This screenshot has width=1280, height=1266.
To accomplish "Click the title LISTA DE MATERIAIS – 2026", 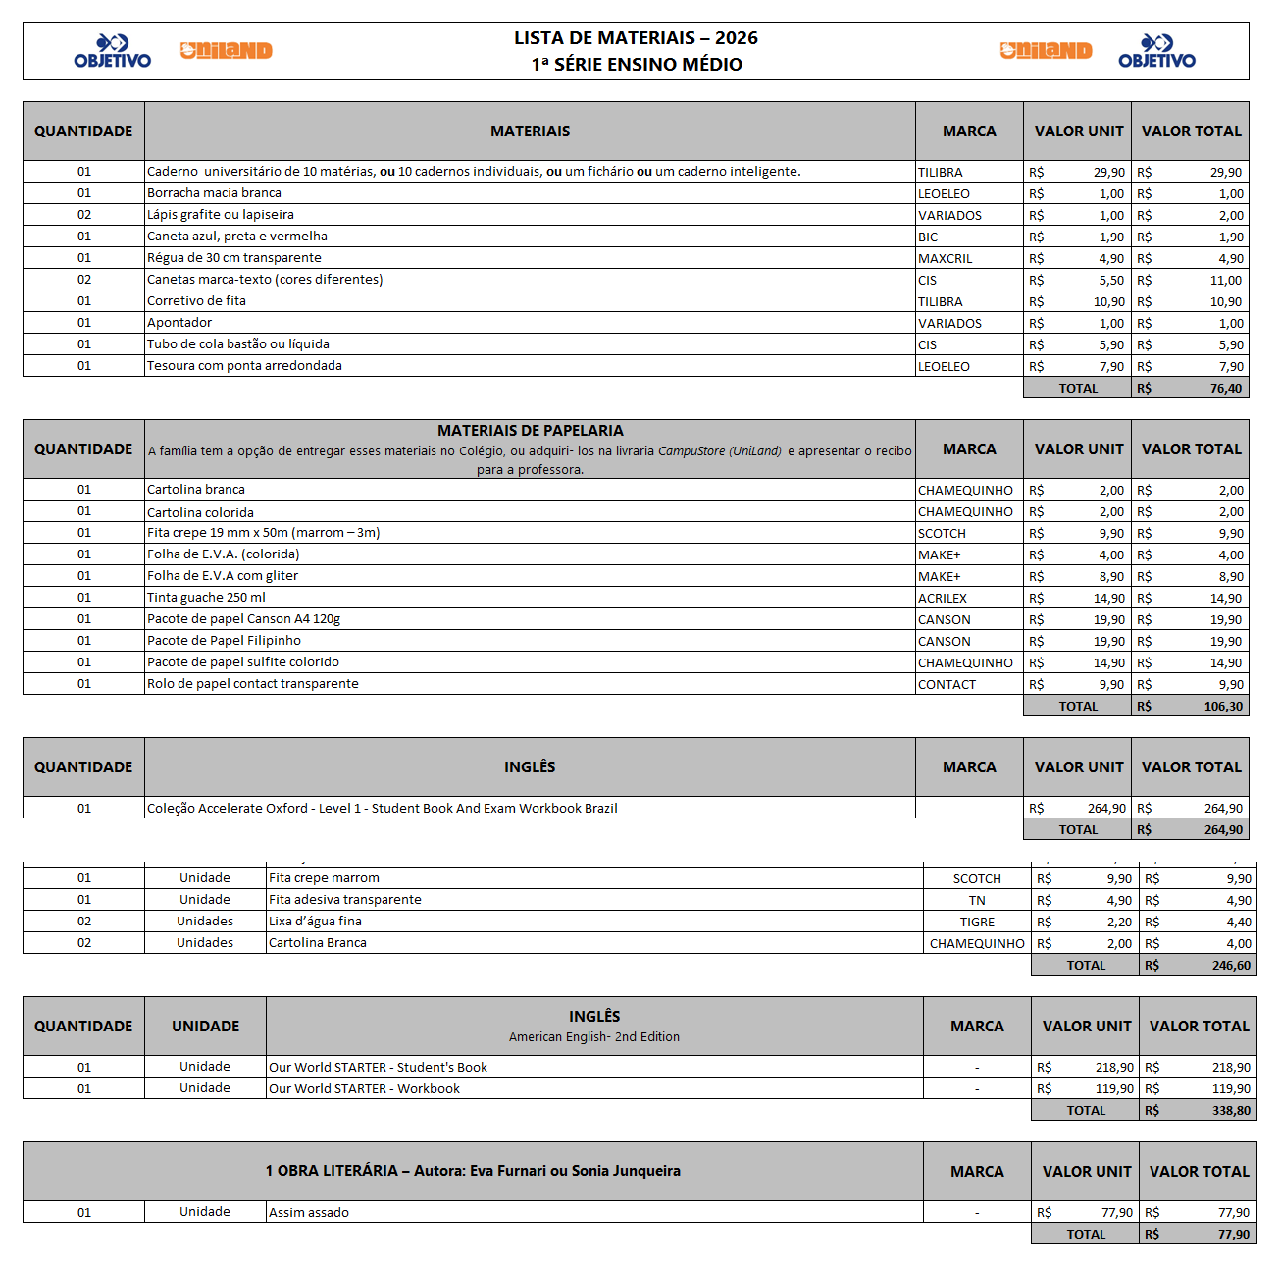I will coord(636,38).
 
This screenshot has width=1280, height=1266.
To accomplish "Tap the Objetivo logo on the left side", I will coord(113,51).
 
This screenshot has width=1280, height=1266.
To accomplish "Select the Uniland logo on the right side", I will coord(1046,51).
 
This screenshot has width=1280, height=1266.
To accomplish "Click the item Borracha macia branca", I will coord(214,193).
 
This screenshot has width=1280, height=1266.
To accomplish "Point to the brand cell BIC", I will coord(928,237).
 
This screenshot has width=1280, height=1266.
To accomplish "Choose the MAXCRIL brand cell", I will coord(945,258).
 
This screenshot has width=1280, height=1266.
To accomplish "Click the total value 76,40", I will coord(1225,388).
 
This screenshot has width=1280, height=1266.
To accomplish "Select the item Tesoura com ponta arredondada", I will coord(244,366).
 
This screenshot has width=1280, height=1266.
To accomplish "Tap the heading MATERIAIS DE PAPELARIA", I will coord(530,430).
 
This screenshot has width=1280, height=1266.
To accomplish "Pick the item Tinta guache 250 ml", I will coord(206,598).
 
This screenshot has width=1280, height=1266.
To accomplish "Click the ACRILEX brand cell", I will coord(943,598).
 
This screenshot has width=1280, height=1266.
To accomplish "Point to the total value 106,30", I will coord(1223,706).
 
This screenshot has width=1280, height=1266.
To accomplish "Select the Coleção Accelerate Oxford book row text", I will coord(382,808).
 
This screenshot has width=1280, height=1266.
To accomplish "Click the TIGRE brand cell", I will coord(977,922).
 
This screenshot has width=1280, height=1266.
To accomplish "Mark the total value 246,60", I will coord(1231,965).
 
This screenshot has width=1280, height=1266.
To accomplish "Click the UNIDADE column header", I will coord(205,1026).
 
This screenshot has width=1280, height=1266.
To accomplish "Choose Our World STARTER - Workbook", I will coord(364,1088).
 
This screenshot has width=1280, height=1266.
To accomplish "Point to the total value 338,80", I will coord(1231,1110).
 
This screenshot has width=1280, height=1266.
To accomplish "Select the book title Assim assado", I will coord(309,1212).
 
